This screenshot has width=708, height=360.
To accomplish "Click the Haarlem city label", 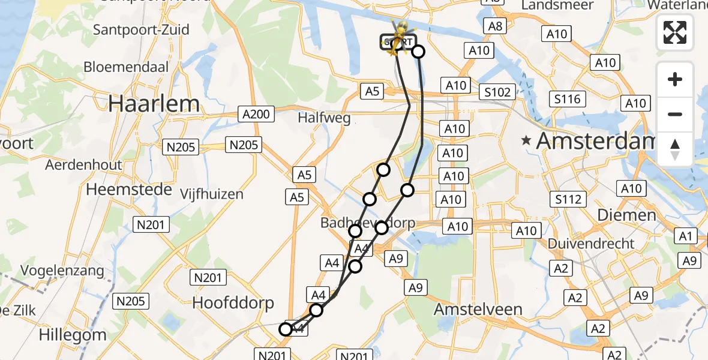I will coord(154,104).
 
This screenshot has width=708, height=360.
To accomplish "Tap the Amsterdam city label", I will coord(594,141).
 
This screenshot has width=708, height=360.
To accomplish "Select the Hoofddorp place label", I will coord(233,303).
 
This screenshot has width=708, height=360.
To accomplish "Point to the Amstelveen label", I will coord(478,310).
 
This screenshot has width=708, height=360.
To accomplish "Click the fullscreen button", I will coord(675,32).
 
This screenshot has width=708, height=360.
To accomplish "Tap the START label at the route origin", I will coord(398,42).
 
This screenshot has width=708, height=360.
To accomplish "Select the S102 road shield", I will coord(498,92).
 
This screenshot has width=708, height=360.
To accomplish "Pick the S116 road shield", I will coord(568,99).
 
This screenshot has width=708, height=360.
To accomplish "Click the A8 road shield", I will coord(496,26).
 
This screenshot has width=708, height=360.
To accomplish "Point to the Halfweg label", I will coord(324,118).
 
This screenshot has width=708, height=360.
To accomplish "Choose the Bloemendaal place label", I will coord(125,67).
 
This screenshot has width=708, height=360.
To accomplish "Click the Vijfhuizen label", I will coord(212,194).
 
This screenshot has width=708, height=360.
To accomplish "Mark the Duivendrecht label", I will coord(591,244).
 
